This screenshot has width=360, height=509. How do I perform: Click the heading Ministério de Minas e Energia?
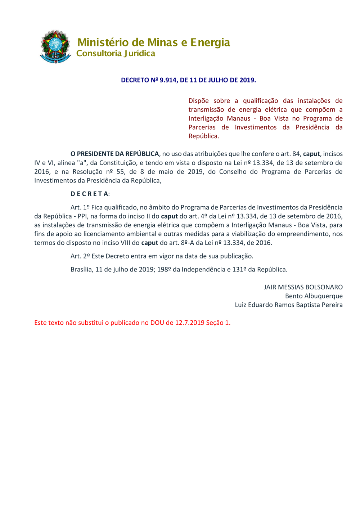pyautogui.click(x=154, y=42)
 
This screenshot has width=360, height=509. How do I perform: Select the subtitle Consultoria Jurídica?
pyautogui.click(x=116, y=53)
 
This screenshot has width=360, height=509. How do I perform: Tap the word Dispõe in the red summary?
pyautogui.click(x=198, y=101)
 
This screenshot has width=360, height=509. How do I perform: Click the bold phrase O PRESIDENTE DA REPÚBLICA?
pyautogui.click(x=114, y=154)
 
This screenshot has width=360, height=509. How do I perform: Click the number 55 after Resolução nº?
pyautogui.click(x=120, y=172)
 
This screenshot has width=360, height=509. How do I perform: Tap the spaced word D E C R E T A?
pyautogui.click(x=89, y=194)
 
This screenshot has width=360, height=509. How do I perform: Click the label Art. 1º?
pyautogui.click(x=80, y=207)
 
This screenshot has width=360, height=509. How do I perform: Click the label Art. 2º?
pyautogui.click(x=80, y=256)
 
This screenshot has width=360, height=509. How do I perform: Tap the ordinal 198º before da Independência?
pyautogui.click(x=164, y=270)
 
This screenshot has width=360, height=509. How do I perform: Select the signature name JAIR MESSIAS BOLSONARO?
pyautogui.click(x=303, y=287)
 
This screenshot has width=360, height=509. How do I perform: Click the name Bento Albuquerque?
pyautogui.click(x=314, y=296)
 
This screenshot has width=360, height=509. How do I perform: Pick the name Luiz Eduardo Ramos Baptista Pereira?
pyautogui.click(x=289, y=305)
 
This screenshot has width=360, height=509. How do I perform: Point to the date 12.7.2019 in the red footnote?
pyautogui.click(x=190, y=323)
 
